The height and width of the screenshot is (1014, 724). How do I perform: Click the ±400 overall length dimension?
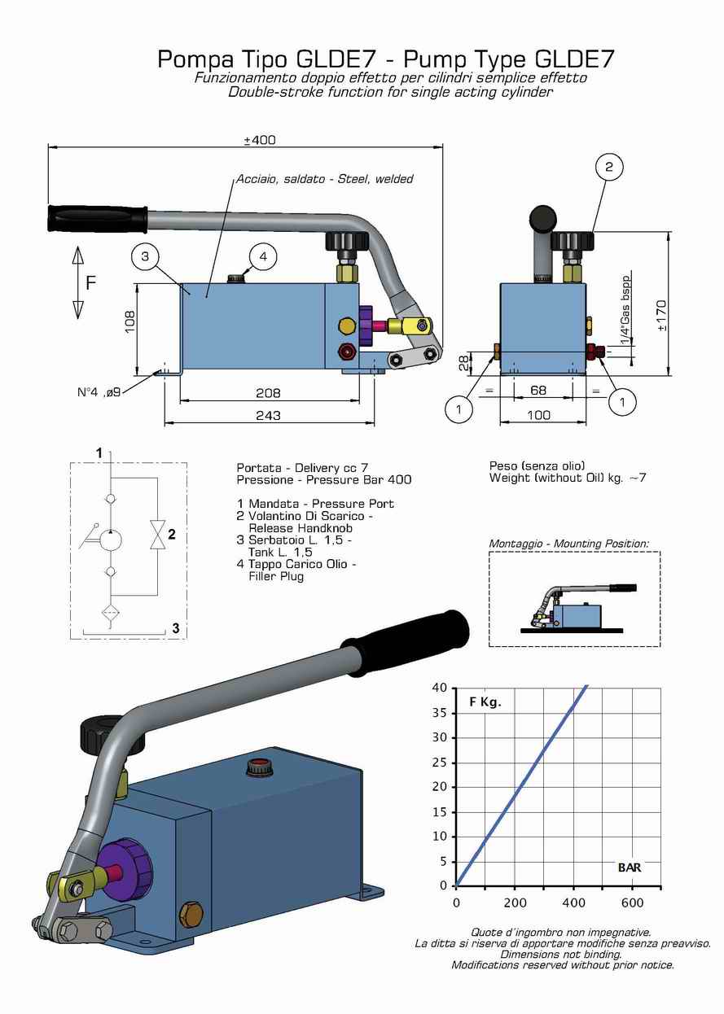[x=260, y=140]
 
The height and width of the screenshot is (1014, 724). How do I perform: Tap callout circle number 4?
[x=263, y=256]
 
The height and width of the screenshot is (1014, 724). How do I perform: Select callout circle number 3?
[x=144, y=258]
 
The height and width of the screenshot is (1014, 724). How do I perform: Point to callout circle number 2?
[x=608, y=168]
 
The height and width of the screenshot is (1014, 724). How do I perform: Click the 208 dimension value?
[x=268, y=393]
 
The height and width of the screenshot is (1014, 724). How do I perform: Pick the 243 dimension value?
[x=268, y=416]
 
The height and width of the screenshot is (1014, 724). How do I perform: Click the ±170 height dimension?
[x=661, y=315]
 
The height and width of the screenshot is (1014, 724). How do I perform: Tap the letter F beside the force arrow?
[x=91, y=283]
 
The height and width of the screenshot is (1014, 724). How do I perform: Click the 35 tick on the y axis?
[x=440, y=713]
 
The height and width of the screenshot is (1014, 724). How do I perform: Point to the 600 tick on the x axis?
[x=632, y=903]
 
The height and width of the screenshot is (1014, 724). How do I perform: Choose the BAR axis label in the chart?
[x=629, y=868]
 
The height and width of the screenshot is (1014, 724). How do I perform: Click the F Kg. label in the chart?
[x=485, y=703]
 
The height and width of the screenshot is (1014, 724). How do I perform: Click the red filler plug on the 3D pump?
[x=260, y=766]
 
